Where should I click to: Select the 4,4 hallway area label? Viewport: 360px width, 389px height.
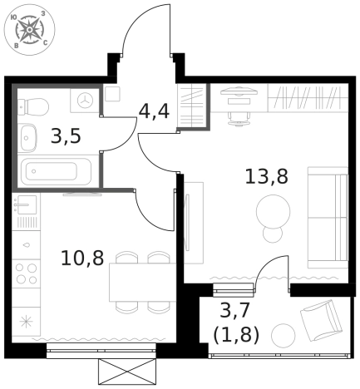(x=154, y=111)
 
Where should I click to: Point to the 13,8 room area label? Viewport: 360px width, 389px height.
(x=266, y=176)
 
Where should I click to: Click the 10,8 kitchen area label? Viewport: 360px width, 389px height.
(x=81, y=257)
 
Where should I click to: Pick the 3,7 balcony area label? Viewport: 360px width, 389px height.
(x=236, y=312)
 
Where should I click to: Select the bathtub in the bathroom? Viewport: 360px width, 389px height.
(x=49, y=172)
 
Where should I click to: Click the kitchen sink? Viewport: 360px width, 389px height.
(x=24, y=204)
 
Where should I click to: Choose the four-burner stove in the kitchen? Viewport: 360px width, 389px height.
(x=26, y=274)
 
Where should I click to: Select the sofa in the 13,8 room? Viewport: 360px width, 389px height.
(x=327, y=204)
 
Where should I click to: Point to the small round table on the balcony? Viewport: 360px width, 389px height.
(x=284, y=336)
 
